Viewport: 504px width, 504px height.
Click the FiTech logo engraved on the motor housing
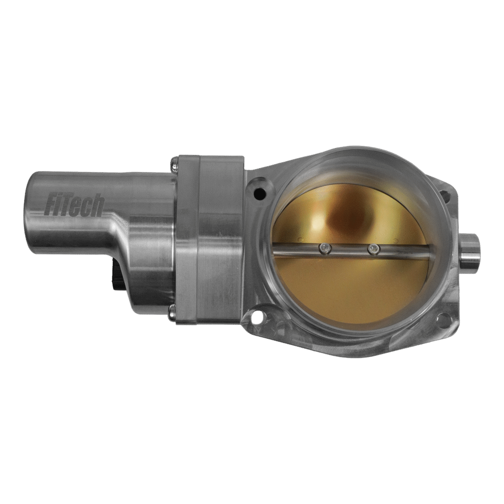click(x=74, y=205)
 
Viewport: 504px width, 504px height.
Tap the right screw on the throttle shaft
click(x=374, y=250)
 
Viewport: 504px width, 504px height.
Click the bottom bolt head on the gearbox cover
click(x=172, y=310)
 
